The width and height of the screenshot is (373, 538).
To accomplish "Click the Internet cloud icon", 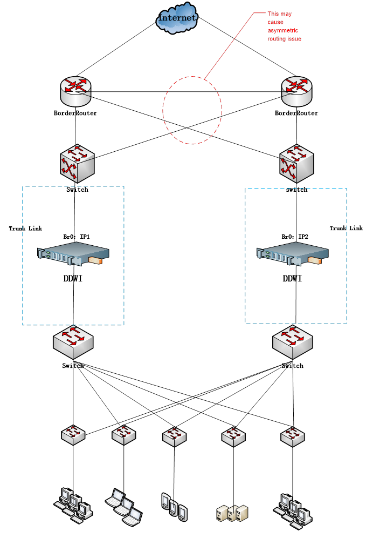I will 177,18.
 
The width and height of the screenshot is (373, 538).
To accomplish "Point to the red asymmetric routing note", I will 284,26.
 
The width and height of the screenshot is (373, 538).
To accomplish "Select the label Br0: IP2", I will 295,237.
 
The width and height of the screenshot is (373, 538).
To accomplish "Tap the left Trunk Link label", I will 25,228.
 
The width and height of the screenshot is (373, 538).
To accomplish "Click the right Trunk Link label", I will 346,228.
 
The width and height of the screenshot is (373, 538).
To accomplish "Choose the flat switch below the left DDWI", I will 73,341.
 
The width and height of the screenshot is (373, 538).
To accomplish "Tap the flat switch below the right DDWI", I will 293,341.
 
